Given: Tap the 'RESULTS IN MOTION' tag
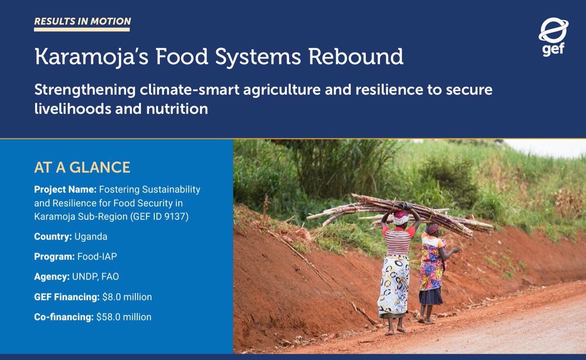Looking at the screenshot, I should tap(82, 21).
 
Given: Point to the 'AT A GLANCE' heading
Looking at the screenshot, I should tap(82, 168).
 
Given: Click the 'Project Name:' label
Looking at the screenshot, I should tap(65, 189).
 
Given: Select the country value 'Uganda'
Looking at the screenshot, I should tap(91, 236).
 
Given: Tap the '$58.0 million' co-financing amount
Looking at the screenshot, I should tap(124, 317).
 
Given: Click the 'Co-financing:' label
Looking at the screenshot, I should tap(63, 317).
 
